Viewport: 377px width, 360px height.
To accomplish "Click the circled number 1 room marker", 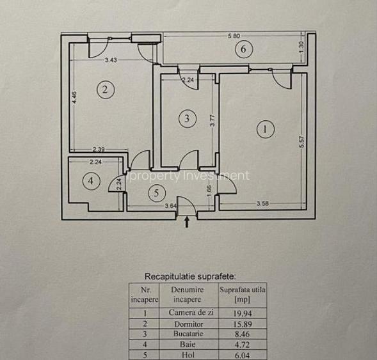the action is (266, 129).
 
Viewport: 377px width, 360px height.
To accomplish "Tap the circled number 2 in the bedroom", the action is (106, 90).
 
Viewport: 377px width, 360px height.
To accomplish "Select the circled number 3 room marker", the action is (188, 119).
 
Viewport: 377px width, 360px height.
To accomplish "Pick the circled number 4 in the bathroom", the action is (91, 181).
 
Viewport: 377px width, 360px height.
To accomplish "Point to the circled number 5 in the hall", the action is (157, 193).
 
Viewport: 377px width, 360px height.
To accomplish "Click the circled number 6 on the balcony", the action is (244, 49).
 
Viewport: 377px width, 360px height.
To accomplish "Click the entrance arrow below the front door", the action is (187, 222).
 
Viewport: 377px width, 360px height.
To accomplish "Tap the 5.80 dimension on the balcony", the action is (234, 36).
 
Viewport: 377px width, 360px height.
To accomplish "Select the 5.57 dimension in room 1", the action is (302, 142).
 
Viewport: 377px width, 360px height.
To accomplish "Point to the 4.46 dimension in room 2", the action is (74, 97).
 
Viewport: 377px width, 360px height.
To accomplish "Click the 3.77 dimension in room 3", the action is (213, 120).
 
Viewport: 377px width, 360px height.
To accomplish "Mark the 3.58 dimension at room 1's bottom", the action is (262, 203).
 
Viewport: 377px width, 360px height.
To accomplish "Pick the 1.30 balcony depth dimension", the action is (302, 48).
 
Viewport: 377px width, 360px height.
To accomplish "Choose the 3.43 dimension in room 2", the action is (111, 60).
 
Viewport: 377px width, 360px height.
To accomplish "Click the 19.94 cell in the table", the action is (243, 313).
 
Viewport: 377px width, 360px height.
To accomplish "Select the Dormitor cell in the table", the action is (189, 324).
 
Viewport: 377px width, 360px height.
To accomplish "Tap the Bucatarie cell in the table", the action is (188, 334).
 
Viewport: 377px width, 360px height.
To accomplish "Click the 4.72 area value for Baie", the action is (243, 345).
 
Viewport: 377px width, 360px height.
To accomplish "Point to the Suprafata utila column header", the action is (243, 294).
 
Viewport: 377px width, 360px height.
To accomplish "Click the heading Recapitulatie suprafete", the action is (190, 276).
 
